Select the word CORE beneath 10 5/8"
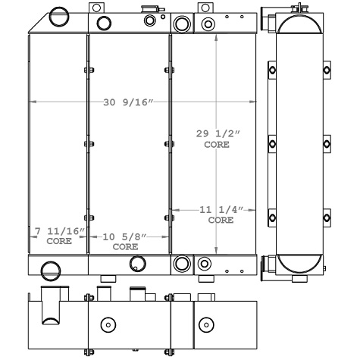[x=125, y=247]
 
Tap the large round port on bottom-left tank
[x=50, y=269]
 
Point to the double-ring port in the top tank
[x=182, y=22]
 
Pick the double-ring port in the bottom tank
[x=182, y=264]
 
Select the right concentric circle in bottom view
[x=204, y=324]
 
